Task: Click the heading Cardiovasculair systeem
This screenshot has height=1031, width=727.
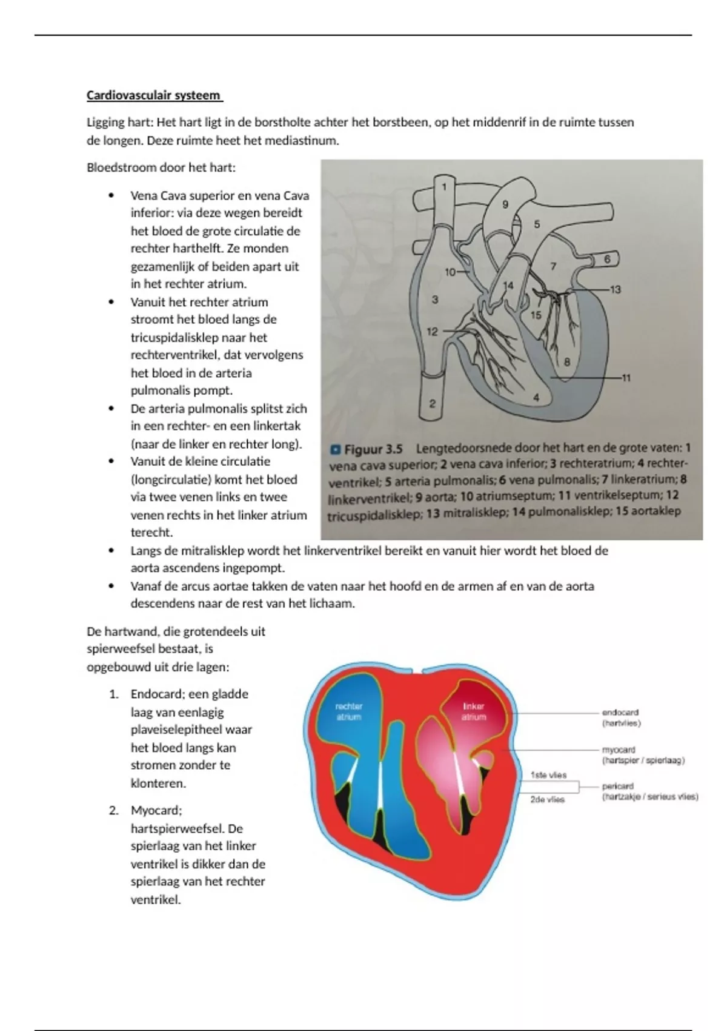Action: [x=154, y=96]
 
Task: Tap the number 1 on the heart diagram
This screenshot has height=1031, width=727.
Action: [x=444, y=187]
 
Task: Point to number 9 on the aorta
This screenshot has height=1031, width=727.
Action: [x=505, y=205]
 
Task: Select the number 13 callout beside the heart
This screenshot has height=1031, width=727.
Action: [x=615, y=289]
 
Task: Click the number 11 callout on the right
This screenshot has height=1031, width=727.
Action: [x=626, y=378]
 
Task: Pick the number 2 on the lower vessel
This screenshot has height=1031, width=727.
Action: [x=432, y=403]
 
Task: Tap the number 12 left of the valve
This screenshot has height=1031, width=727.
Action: [x=432, y=332]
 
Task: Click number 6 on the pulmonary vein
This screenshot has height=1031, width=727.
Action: [x=608, y=260]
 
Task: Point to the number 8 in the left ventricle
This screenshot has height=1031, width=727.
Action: [x=567, y=362]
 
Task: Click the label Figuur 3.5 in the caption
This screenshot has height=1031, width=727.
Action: [x=373, y=449]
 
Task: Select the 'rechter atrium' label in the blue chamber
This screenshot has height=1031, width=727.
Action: [x=349, y=711]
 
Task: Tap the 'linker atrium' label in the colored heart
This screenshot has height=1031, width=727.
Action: [x=474, y=711]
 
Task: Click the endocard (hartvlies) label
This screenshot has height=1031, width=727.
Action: [x=621, y=717]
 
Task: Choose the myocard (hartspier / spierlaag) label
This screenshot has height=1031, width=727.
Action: [x=643, y=755]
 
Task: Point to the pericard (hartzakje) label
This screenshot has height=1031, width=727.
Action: [x=649, y=791]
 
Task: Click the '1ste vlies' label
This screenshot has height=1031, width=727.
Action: [x=548, y=774]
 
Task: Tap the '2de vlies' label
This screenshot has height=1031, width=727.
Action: [x=547, y=799]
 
